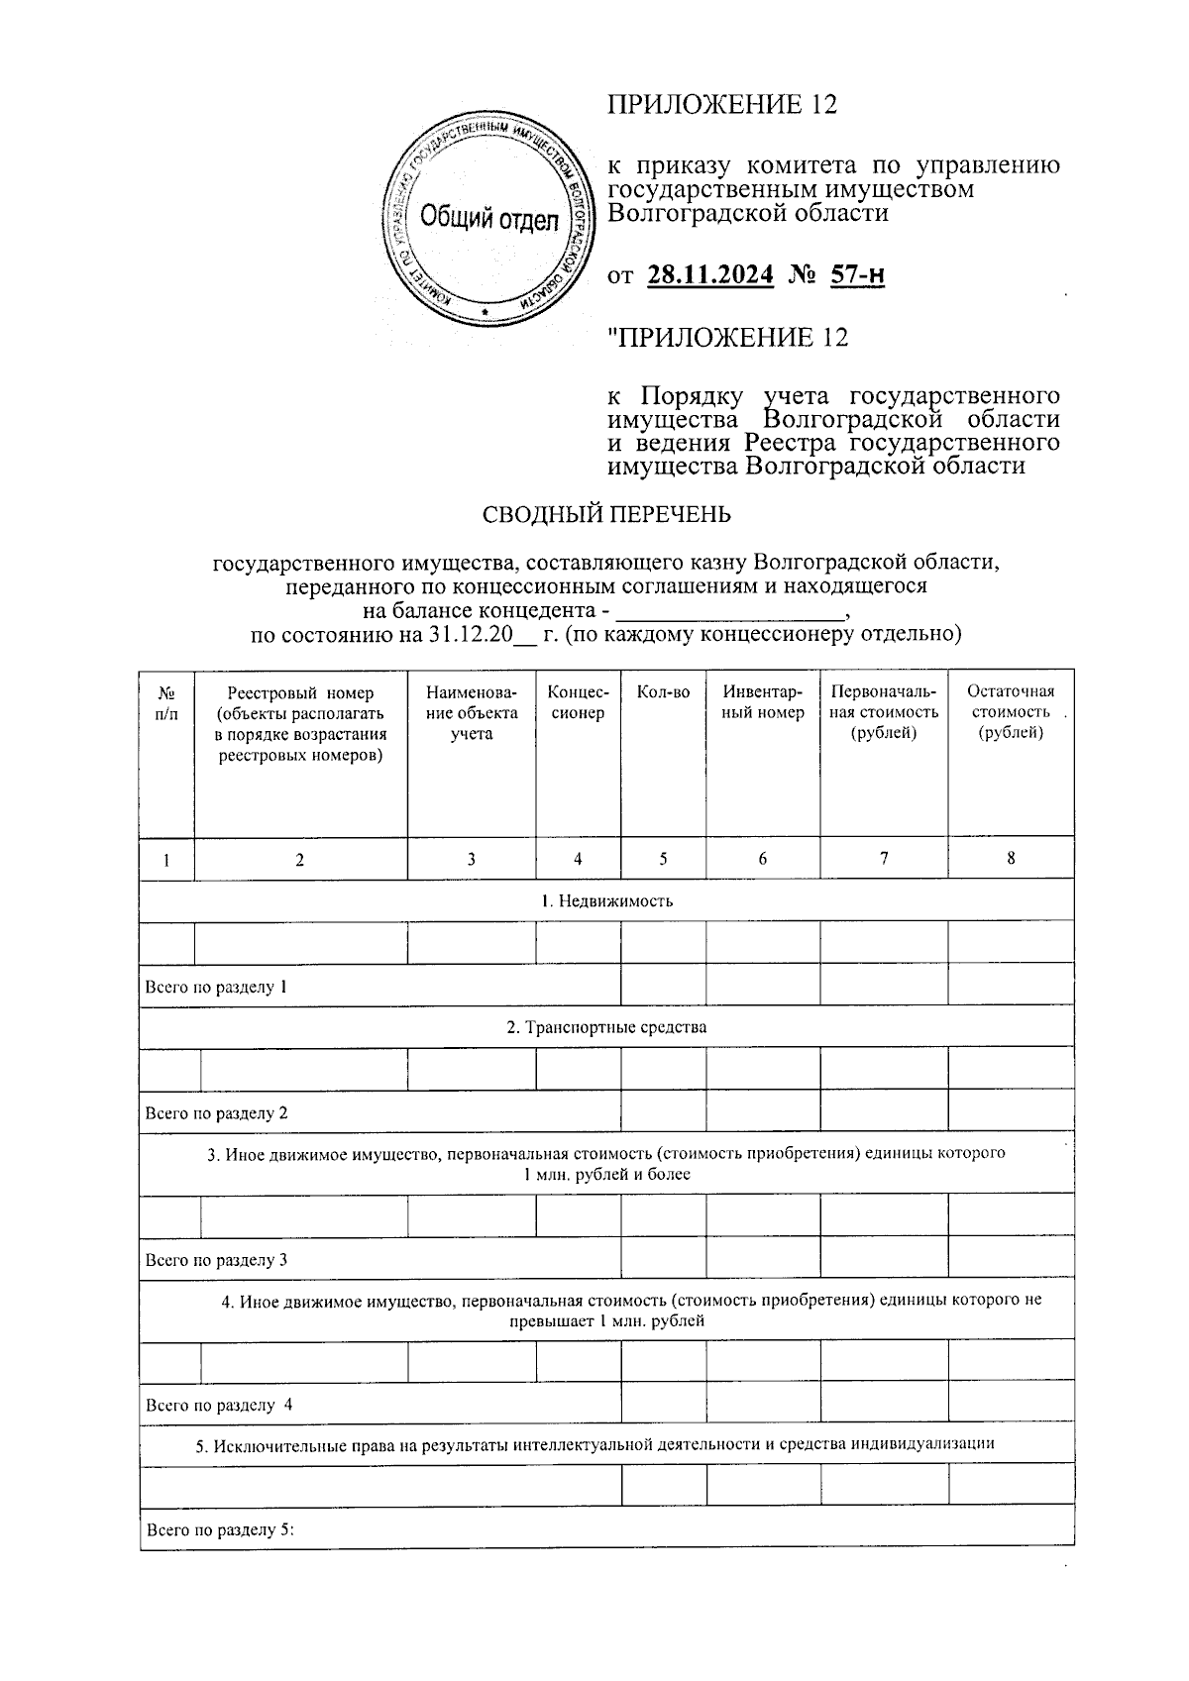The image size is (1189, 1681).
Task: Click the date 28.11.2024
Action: [709, 274]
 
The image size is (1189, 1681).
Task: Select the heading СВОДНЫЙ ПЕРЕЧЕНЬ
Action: [606, 514]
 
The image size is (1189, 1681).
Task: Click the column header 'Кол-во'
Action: [663, 691]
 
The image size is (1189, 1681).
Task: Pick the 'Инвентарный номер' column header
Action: [763, 702]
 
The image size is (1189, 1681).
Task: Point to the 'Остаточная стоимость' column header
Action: [1011, 712]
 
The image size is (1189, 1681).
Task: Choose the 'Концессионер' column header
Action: [578, 702]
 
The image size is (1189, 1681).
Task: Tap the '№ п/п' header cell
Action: [167, 702]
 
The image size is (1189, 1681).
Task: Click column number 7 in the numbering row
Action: [883, 859]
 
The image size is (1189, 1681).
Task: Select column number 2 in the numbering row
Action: [300, 860]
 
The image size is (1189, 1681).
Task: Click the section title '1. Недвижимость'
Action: [606, 900]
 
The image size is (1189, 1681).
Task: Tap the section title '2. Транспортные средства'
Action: [606, 1027]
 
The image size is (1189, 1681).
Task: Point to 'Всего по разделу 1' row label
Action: [216, 987]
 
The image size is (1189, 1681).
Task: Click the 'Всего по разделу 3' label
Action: [216, 1260]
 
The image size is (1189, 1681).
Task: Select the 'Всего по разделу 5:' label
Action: [221, 1529]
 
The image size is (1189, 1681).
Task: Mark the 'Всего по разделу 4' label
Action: [218, 1405]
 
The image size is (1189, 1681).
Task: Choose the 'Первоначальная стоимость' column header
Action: [883, 712]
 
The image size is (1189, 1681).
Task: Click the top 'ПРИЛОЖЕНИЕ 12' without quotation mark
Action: [722, 105]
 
